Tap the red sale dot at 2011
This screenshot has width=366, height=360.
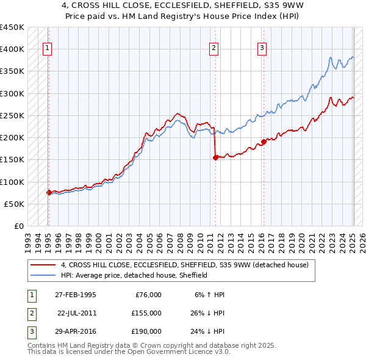coord(215,157)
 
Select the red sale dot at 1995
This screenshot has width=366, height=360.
coord(49,192)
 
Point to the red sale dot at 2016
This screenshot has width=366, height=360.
coord(264,142)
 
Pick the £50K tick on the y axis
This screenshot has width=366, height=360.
coord(15,204)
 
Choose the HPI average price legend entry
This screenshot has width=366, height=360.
coord(134,275)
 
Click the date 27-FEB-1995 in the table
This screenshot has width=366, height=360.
coord(75,295)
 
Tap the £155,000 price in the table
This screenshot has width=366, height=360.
coord(146,313)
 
